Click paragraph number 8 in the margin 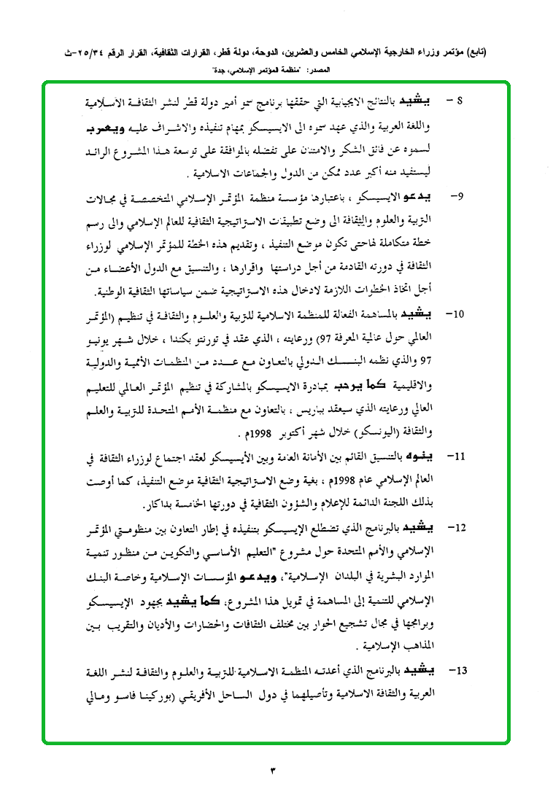pos(460,100)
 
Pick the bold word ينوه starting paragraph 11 pos(436,458)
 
